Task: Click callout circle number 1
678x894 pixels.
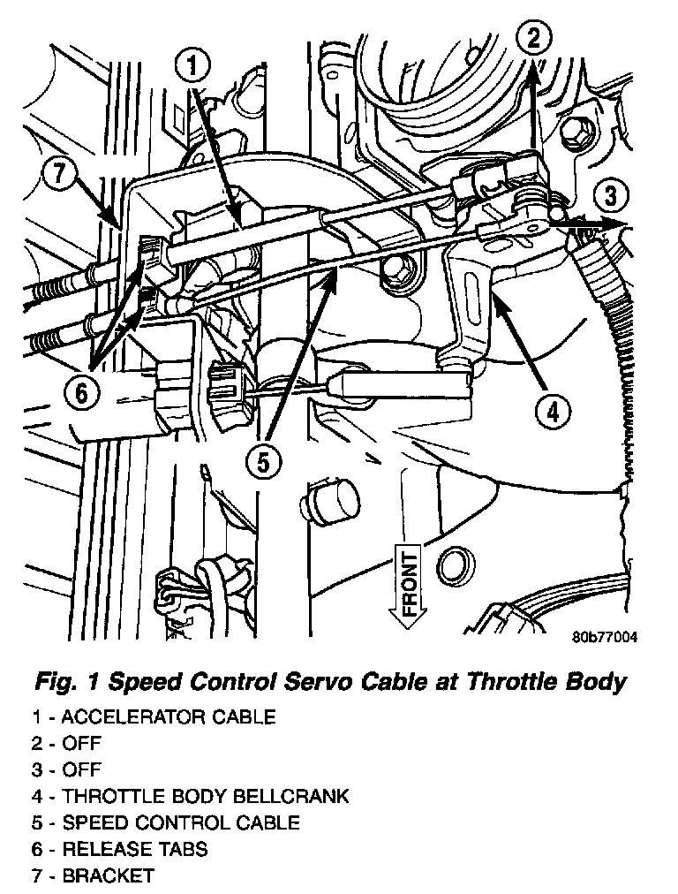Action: coord(195,65)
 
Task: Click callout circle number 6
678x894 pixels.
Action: coord(81,392)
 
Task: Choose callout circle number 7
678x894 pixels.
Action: coord(57,173)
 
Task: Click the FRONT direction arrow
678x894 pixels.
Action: coord(409,587)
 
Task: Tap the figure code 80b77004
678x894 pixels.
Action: coord(605,637)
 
